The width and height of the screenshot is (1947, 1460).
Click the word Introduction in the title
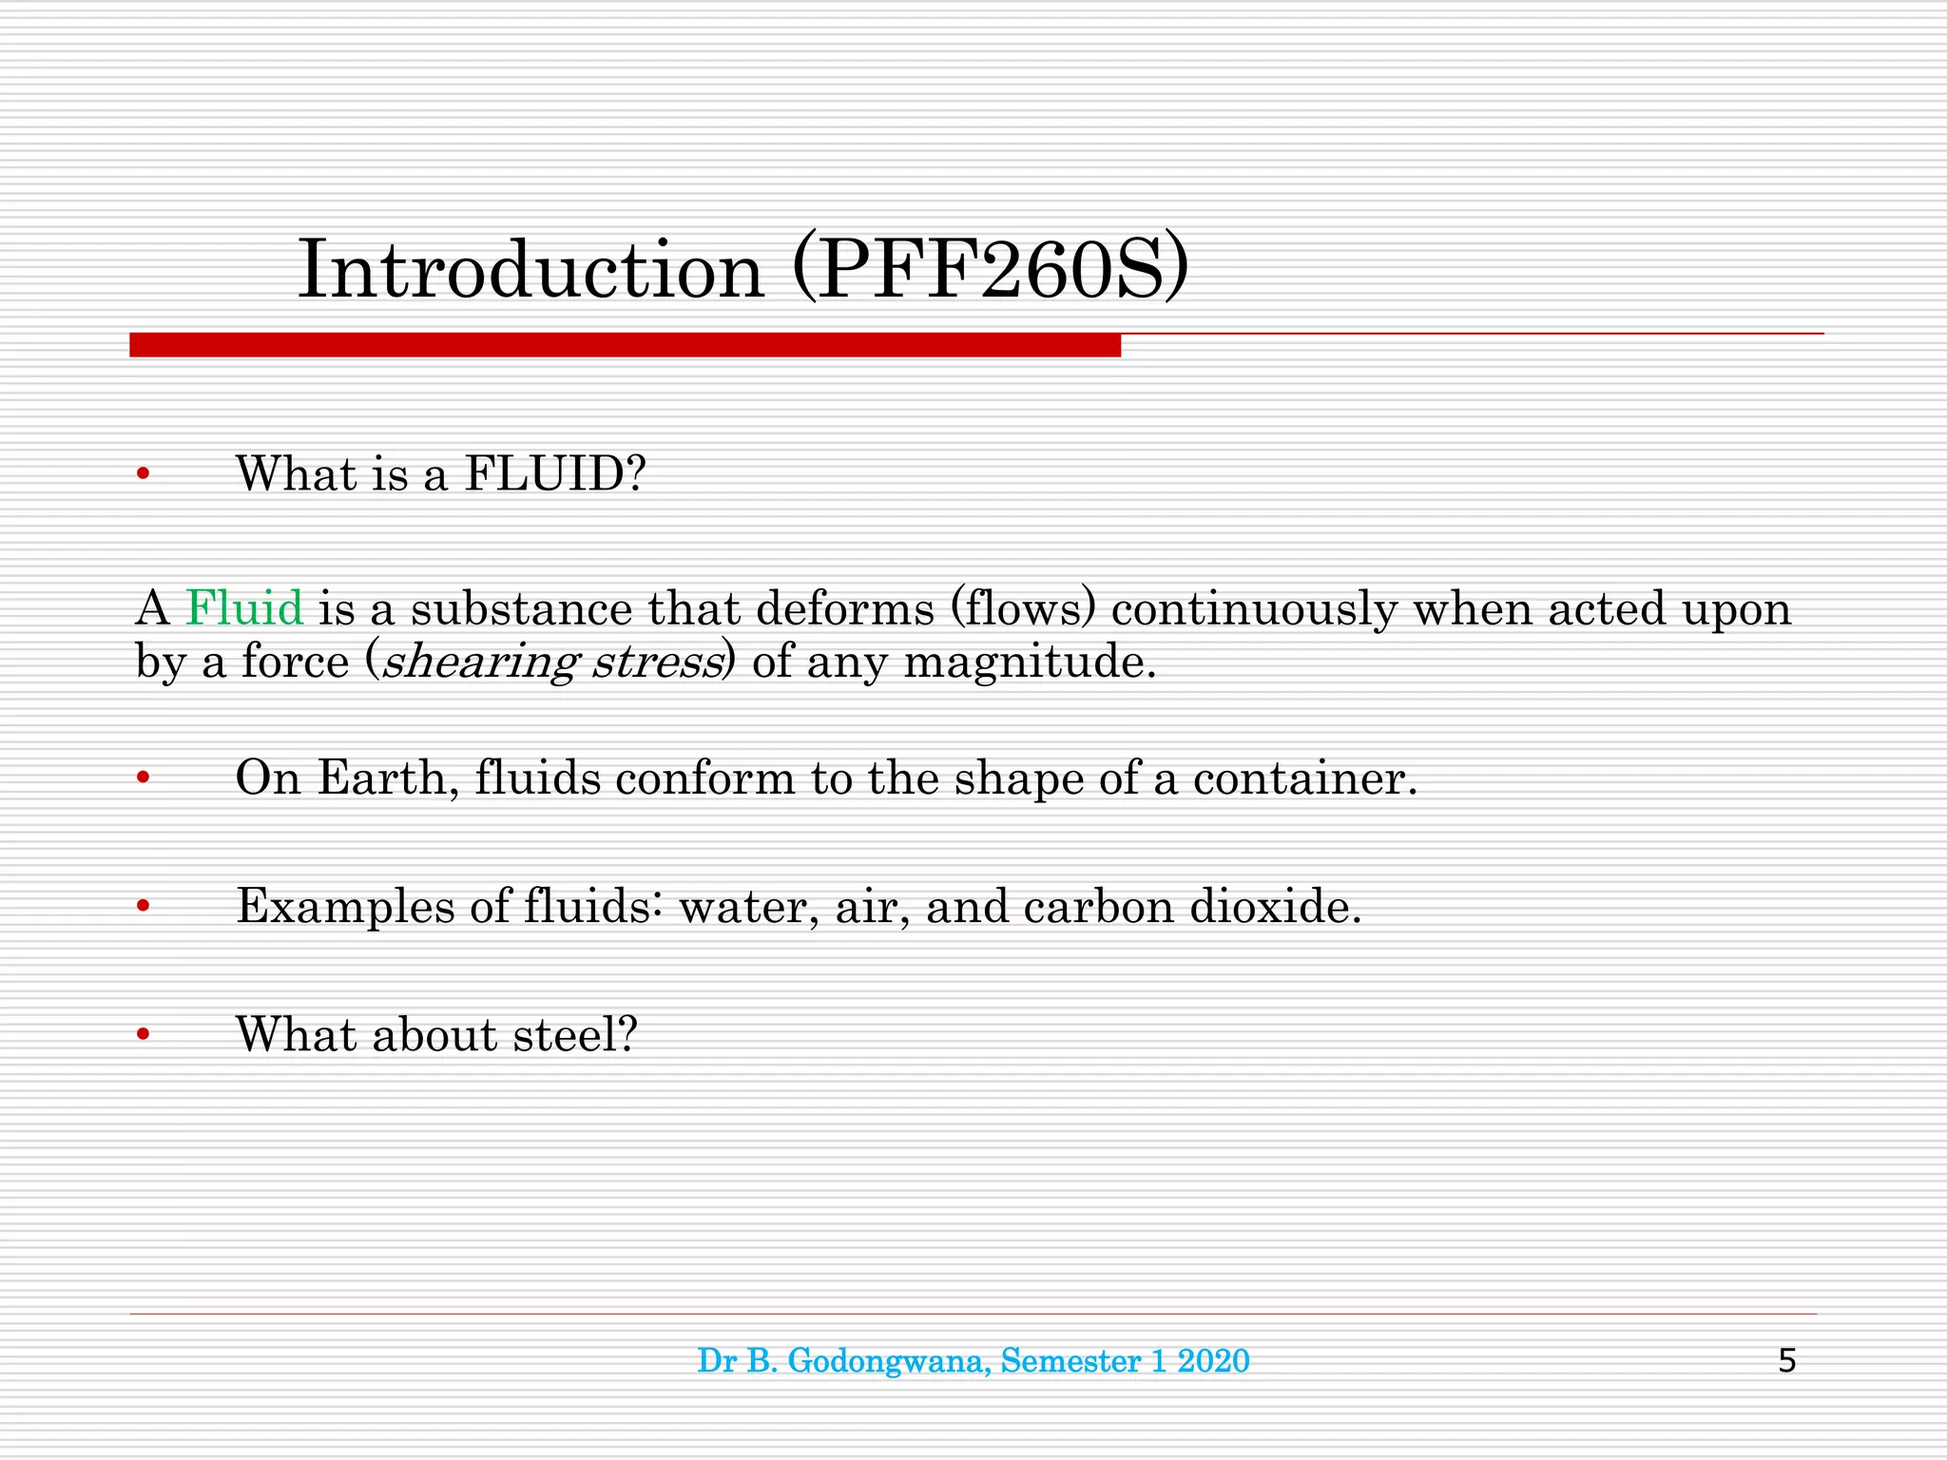click(530, 271)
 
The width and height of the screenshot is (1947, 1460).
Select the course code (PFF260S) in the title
click(990, 271)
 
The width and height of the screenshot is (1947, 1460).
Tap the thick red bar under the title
click(625, 345)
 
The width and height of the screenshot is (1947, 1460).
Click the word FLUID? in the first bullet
click(554, 473)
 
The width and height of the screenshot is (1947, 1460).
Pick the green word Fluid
click(244, 608)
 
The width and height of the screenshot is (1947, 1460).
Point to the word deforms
click(845, 608)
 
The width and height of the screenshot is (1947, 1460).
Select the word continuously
click(1254, 610)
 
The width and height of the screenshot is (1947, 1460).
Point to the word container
click(1304, 778)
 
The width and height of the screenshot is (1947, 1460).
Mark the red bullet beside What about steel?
click(143, 1034)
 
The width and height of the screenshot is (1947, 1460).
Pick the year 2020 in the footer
click(1213, 1361)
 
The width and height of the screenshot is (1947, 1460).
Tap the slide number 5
click(1786, 1361)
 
